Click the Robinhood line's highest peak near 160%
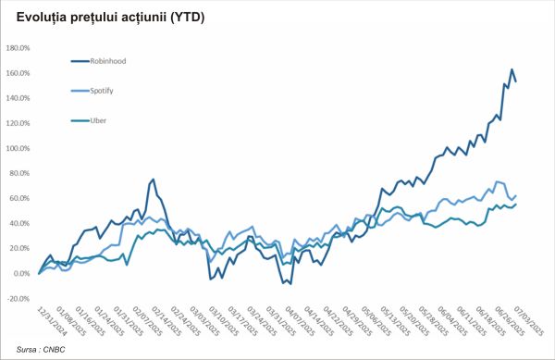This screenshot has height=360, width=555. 512,69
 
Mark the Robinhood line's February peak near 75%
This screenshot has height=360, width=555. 153,180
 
